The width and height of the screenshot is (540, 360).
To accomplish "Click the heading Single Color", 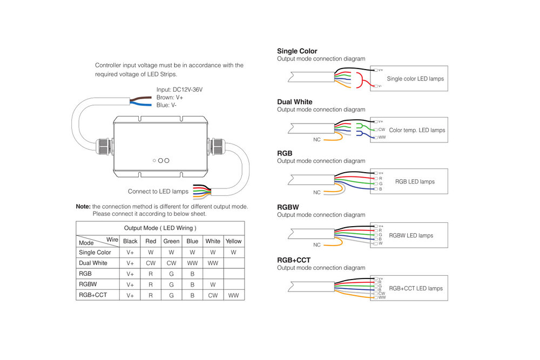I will pyautogui.click(x=297, y=51).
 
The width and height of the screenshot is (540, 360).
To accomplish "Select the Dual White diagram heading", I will pyautogui.click(x=294, y=101).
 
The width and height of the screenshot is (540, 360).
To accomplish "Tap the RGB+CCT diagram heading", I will pyautogui.click(x=294, y=260).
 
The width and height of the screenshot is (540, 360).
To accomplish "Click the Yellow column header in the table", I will pyautogui.click(x=233, y=241).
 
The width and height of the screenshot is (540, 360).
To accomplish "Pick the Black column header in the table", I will pyautogui.click(x=130, y=241).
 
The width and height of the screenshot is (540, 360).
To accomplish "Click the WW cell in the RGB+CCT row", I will pyautogui.click(x=233, y=295).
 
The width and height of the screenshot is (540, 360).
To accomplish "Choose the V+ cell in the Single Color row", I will pyautogui.click(x=130, y=252).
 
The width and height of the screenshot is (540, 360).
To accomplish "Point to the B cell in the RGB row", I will pyautogui.click(x=192, y=274).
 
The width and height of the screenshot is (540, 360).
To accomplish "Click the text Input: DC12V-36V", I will pyautogui.click(x=179, y=90).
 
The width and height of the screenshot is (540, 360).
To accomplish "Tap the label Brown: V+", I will pyautogui.click(x=170, y=97).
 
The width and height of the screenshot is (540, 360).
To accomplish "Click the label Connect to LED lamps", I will pyautogui.click(x=158, y=191).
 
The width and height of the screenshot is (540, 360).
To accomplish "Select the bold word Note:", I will pyautogui.click(x=83, y=206).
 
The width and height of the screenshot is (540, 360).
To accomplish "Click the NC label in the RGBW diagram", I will pyautogui.click(x=317, y=245).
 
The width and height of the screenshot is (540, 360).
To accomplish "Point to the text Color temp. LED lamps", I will pyautogui.click(x=417, y=130).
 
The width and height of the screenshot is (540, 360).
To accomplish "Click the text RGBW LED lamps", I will pyautogui.click(x=411, y=235).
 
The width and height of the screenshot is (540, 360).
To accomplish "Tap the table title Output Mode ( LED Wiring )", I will pyautogui.click(x=160, y=228).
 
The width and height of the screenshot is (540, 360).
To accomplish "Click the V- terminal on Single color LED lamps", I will pyautogui.click(x=379, y=86).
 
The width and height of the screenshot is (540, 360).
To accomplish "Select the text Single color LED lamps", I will pyautogui.click(x=415, y=78).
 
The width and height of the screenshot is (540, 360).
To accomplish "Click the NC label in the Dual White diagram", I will pyautogui.click(x=317, y=139).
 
